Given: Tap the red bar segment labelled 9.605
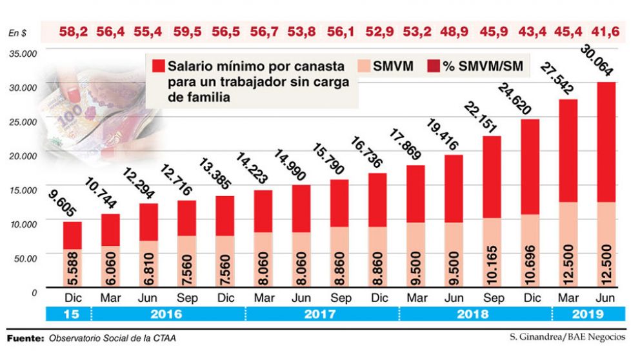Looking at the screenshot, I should pyautogui.click(x=72, y=235).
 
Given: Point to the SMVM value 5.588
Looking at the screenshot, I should pyautogui.click(x=73, y=268).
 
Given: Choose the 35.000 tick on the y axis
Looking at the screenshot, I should pyautogui.click(x=23, y=53).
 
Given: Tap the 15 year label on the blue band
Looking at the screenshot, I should pyautogui.click(x=72, y=314).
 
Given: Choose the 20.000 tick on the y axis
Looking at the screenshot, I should pyautogui.click(x=23, y=155).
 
